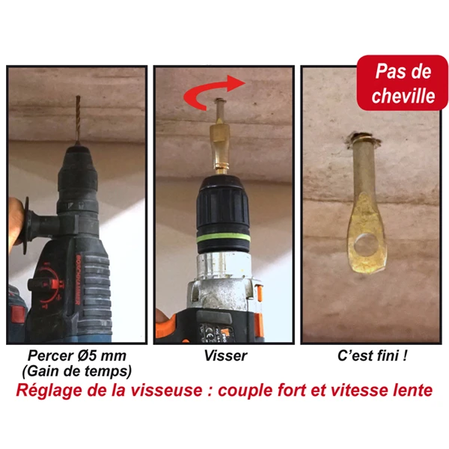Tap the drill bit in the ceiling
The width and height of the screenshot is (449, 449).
tap(78, 119)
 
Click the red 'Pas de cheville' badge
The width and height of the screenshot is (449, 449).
tap(403, 83)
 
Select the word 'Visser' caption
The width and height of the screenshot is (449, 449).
tap(226, 356)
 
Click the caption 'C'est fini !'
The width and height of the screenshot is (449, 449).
tap(372, 356)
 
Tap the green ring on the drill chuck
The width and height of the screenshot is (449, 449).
tap(223, 237)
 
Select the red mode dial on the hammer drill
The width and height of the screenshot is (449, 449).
tap(47, 284)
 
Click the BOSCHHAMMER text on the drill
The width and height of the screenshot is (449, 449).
tap(78, 280)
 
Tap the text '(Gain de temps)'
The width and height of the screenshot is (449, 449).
tap(77, 371)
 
